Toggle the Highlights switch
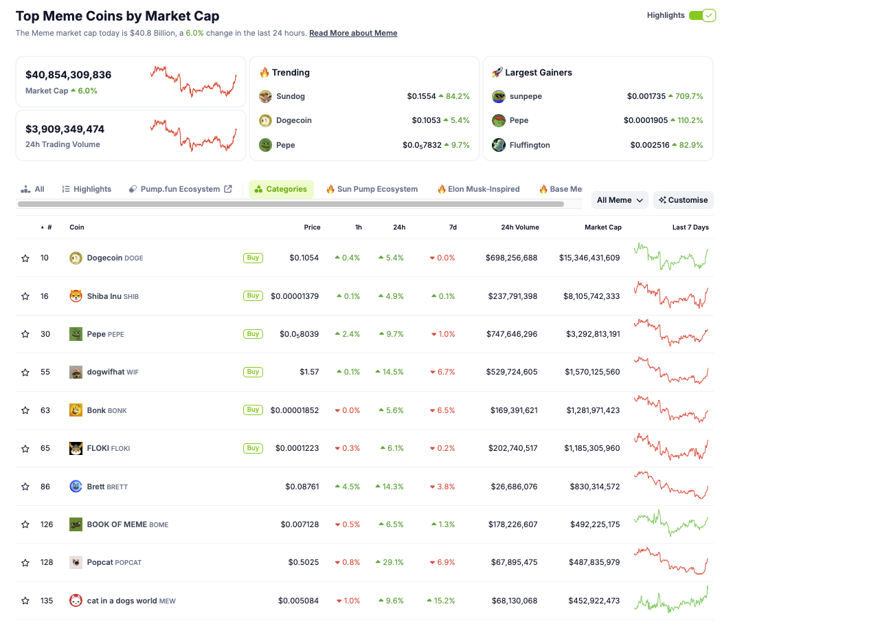pyautogui.click(x=702, y=15)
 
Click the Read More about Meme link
pyautogui.click(x=353, y=33)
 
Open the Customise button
pyautogui.click(x=683, y=200)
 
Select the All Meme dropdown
pyautogui.click(x=620, y=200)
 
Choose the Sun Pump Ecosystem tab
pyautogui.click(x=372, y=189)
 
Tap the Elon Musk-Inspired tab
pyautogui.click(x=478, y=189)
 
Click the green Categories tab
pyautogui.click(x=281, y=189)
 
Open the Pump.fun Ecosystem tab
pyautogui.click(x=180, y=189)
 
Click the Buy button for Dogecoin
pyautogui.click(x=253, y=258)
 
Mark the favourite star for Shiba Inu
pyautogui.click(x=25, y=296)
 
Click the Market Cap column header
pyautogui.click(x=602, y=227)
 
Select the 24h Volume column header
pyautogui.click(x=519, y=227)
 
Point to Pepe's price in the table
pyautogui.click(x=299, y=334)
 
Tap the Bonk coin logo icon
pyautogui.click(x=76, y=410)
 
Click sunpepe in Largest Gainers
pyautogui.click(x=526, y=96)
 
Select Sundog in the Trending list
pyautogui.click(x=290, y=96)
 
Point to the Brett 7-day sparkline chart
pyautogui.click(x=670, y=485)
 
